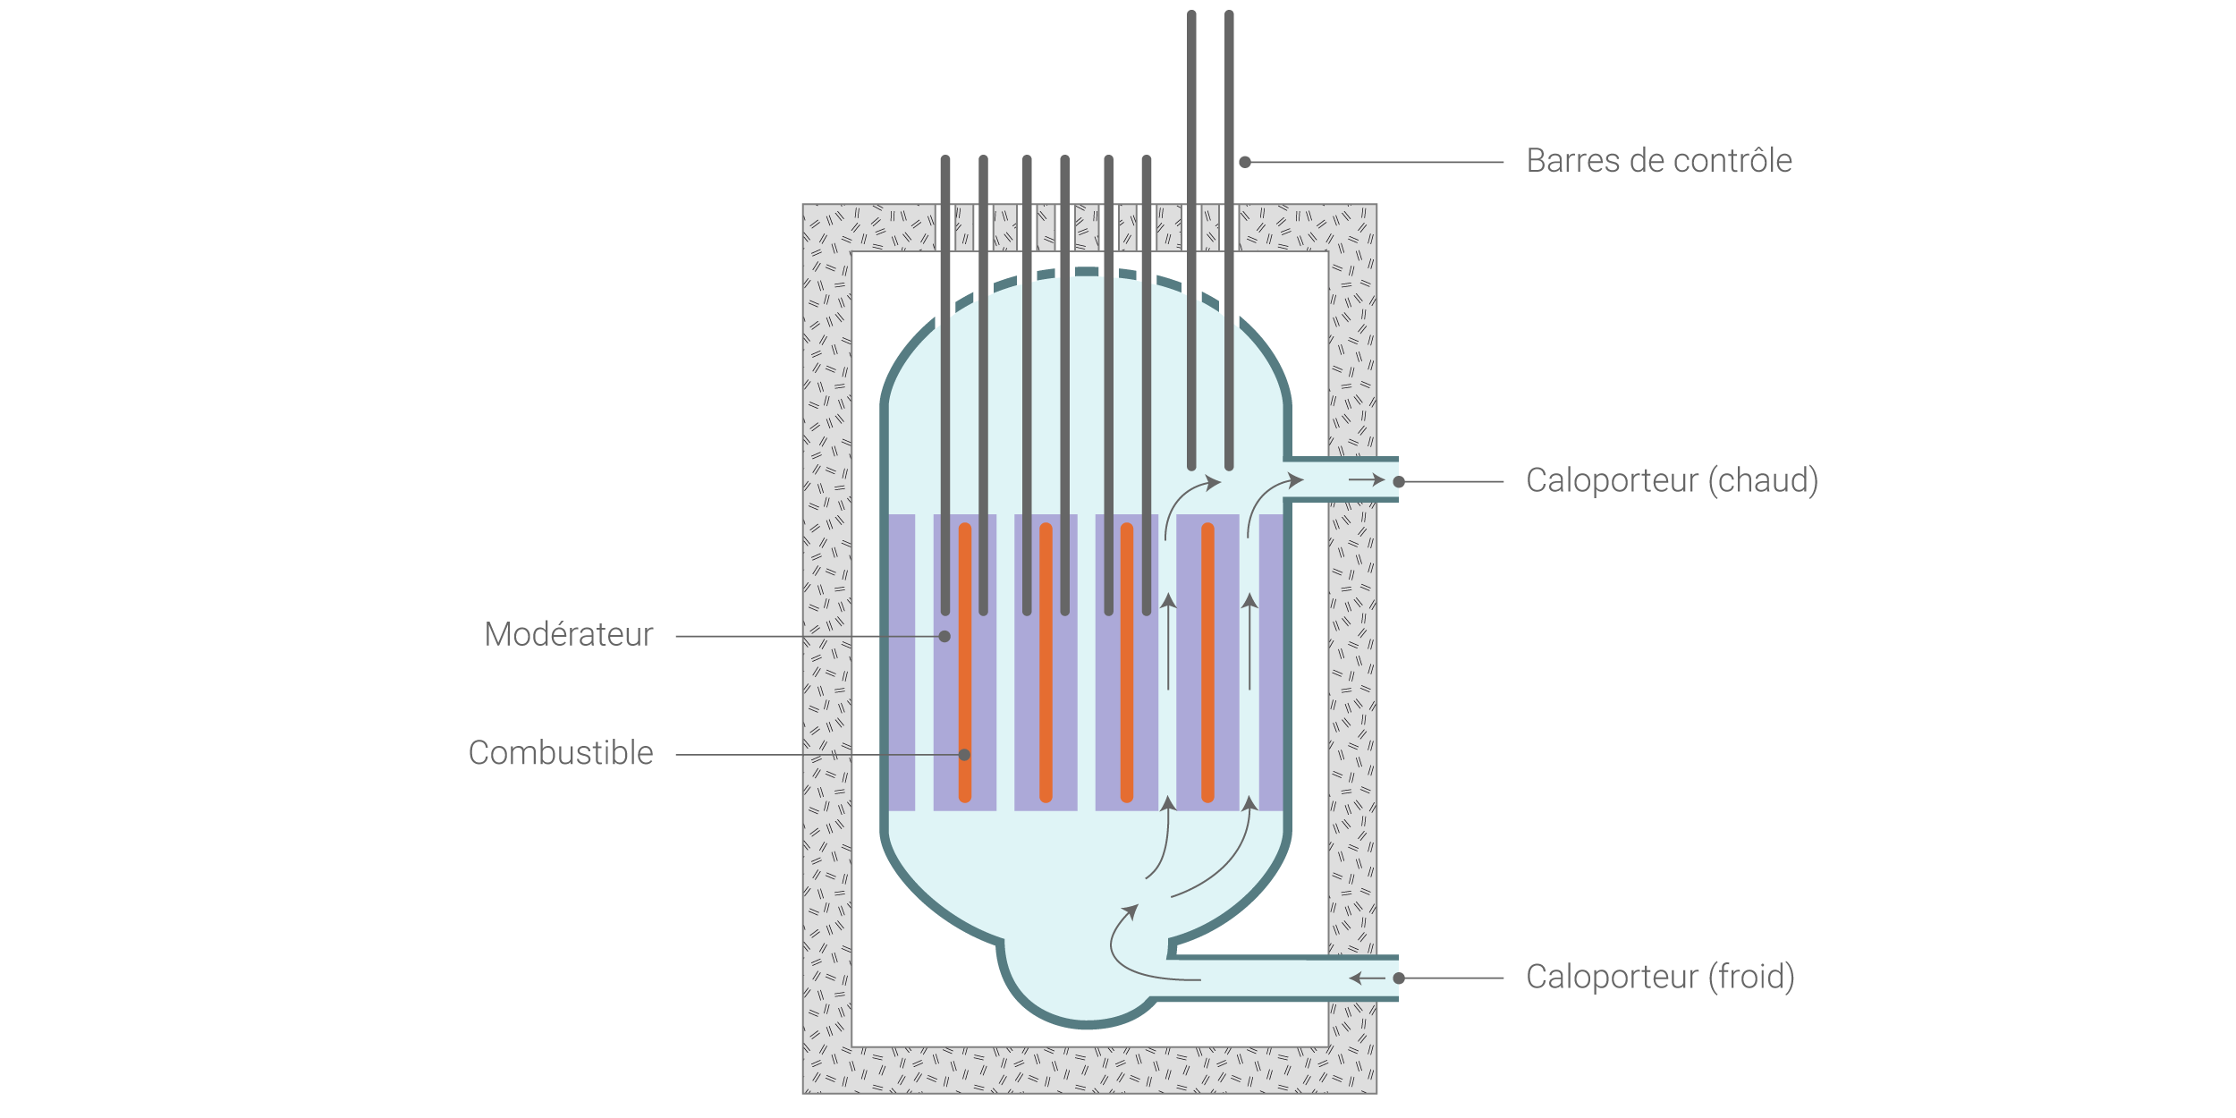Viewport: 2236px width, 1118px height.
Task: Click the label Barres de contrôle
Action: click(1658, 161)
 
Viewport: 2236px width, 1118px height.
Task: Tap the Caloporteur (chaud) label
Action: click(1672, 481)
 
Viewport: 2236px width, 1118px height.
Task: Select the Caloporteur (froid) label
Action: click(1660, 977)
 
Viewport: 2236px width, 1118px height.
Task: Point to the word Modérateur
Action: click(569, 634)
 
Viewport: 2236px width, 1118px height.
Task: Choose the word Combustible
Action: click(561, 753)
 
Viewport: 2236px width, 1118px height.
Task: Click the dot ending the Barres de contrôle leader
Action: click(1245, 162)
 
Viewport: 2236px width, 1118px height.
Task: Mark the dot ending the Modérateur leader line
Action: click(944, 637)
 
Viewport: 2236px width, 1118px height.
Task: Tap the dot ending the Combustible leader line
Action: click(964, 755)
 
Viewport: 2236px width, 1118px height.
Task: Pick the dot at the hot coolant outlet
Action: click(1399, 482)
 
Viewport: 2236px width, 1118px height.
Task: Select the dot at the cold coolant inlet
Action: click(1399, 978)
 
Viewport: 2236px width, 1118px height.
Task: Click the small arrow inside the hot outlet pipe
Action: click(1367, 480)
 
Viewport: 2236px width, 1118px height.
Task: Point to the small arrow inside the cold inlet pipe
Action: click(1367, 978)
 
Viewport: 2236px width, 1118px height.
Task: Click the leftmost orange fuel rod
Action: click(965, 662)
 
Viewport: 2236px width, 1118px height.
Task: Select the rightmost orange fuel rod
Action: click(1207, 662)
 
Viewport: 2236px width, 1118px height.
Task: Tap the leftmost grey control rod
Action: click(945, 385)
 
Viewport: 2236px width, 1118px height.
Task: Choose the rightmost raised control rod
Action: click(1229, 241)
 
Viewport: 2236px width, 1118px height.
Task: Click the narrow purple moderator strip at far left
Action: click(902, 662)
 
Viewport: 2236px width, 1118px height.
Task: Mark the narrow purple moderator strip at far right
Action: click(1271, 662)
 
